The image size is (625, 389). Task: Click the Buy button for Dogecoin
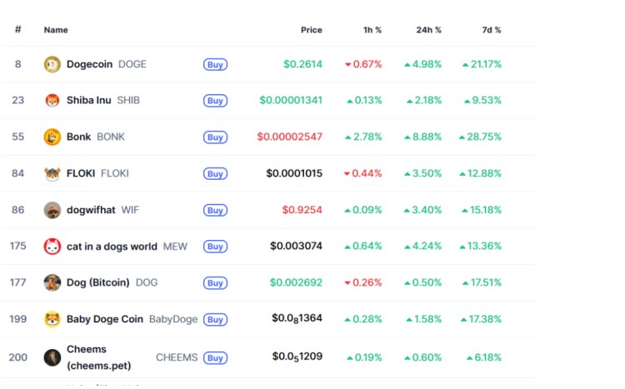pyautogui.click(x=215, y=64)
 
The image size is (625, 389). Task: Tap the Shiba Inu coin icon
pyautogui.click(x=52, y=101)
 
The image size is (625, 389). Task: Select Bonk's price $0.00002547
pyautogui.click(x=289, y=137)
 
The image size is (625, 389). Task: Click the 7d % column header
pyautogui.click(x=492, y=30)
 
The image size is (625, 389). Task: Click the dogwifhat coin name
pyautogui.click(x=91, y=210)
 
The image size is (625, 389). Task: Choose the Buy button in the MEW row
pyautogui.click(x=215, y=247)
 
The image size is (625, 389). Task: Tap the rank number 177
pyautogui.click(x=18, y=282)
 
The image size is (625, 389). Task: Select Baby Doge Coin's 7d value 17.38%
pyautogui.click(x=482, y=319)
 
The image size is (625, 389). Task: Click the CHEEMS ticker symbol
pyautogui.click(x=177, y=357)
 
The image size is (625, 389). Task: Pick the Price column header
pyautogui.click(x=312, y=30)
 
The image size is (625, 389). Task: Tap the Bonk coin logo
pyautogui.click(x=52, y=137)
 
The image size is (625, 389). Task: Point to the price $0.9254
pyautogui.click(x=302, y=210)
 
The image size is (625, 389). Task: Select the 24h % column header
pyautogui.click(x=429, y=30)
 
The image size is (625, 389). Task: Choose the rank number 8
pyautogui.click(x=18, y=64)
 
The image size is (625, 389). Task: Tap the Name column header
pyautogui.click(x=56, y=30)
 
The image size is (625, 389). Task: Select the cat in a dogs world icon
pyautogui.click(x=52, y=247)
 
